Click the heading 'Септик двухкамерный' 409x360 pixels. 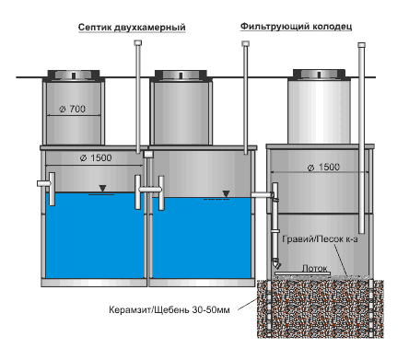pos(132,28)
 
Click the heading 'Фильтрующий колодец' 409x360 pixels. pos(296,27)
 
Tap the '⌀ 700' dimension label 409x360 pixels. pos(73,109)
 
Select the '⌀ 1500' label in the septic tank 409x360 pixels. pos(96,158)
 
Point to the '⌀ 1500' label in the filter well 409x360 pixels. pos(323,168)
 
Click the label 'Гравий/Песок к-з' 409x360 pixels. pos(320,239)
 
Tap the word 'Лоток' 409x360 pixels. pos(315,268)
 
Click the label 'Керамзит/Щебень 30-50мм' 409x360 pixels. pos(169,309)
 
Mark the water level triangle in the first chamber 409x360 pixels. pos(102,188)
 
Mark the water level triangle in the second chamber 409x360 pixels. pos(226,193)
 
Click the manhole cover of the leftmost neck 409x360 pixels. pos(74,75)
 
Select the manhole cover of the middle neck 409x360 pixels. pos(181,75)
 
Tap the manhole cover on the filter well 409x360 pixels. pos(319,75)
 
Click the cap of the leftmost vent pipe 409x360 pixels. pos(138,43)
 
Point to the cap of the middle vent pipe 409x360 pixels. pos(245,44)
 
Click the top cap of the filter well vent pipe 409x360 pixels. pos(362,45)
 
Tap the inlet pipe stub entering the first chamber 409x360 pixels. pos(44,183)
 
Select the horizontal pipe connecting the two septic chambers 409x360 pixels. pos(150,190)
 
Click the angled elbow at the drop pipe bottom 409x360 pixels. pos(276,264)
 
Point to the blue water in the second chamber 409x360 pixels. pos(202,238)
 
